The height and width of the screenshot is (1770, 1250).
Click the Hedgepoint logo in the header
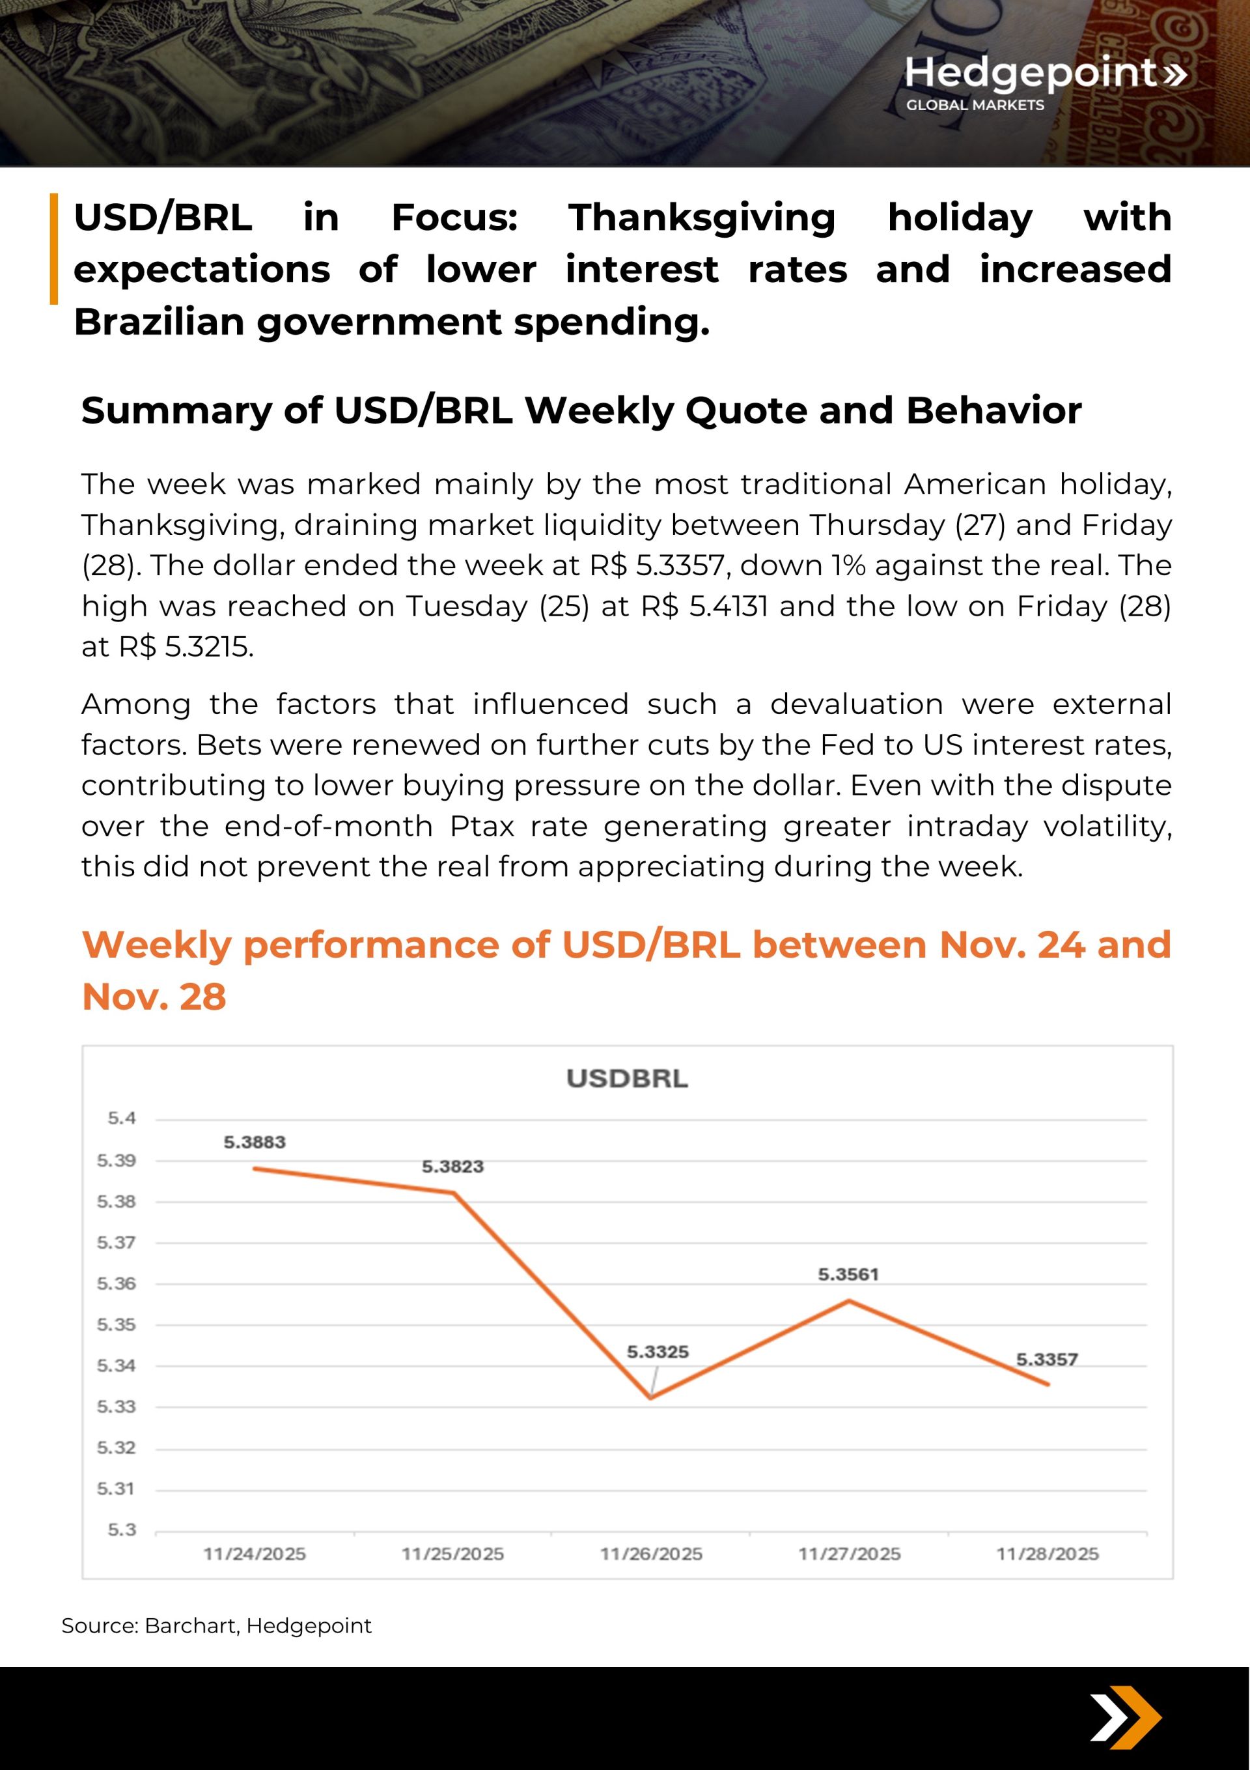tap(1044, 81)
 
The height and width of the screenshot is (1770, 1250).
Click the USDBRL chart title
tap(626, 1079)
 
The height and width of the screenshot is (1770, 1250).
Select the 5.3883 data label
tap(255, 1142)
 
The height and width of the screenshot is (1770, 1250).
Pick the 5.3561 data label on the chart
tap(848, 1274)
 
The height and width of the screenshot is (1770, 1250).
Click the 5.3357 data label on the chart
tap(1046, 1359)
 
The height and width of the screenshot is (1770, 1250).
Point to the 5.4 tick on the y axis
tap(122, 1118)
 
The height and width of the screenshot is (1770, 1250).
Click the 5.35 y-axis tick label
tap(116, 1324)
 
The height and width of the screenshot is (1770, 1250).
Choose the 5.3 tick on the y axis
tap(122, 1530)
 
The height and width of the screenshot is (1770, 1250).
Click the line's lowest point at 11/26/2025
tap(651, 1397)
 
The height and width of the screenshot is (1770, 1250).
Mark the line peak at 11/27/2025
tap(848, 1300)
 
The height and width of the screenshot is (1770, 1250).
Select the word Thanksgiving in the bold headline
tap(701, 218)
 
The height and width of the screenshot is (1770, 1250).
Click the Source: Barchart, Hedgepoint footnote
tap(217, 1626)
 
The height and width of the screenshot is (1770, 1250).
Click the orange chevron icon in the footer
tap(1126, 1718)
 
